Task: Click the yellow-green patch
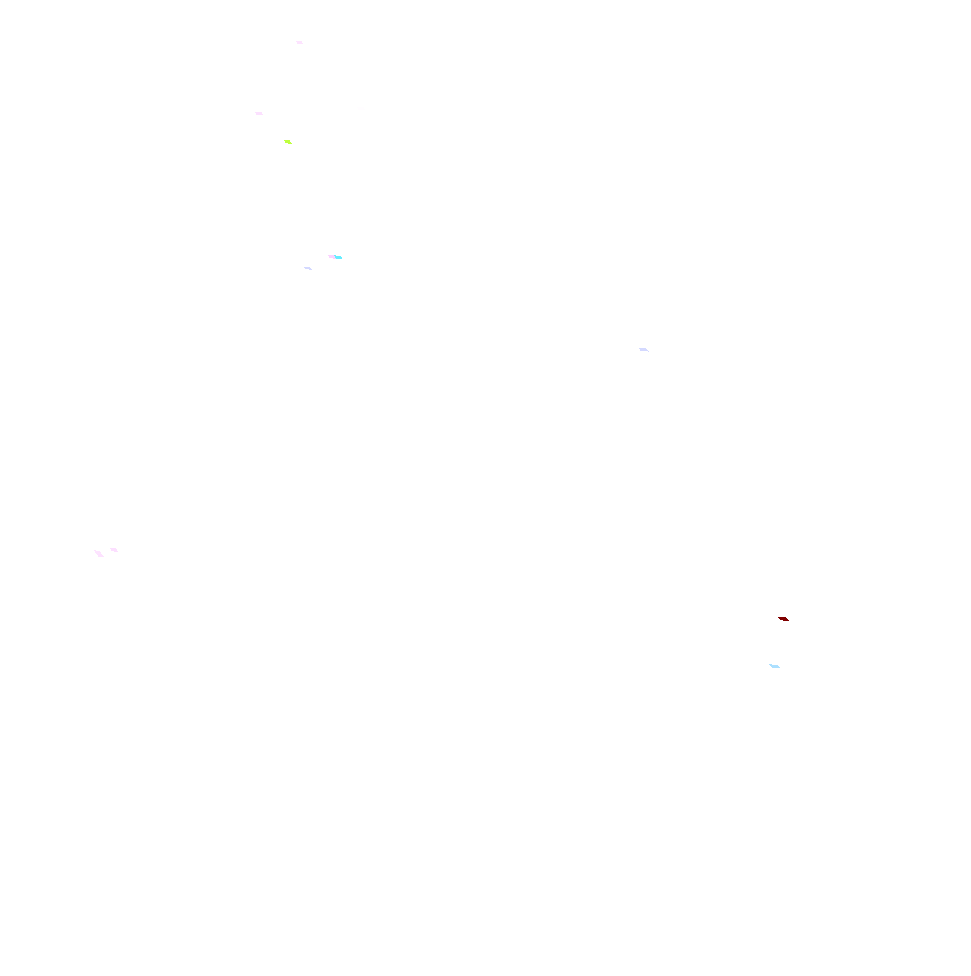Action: [287, 142]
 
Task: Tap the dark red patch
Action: [783, 619]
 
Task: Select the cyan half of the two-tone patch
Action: [338, 257]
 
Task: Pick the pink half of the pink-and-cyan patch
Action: [332, 257]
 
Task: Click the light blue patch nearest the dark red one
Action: [774, 666]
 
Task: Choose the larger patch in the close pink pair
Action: [99, 554]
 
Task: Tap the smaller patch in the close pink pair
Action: [114, 550]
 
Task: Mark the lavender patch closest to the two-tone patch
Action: [308, 268]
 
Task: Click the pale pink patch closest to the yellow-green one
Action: [259, 113]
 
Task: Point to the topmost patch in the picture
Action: [299, 42]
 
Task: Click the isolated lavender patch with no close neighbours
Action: [643, 350]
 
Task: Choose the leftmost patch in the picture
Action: [99, 554]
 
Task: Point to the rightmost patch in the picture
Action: [783, 619]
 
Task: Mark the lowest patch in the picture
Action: [774, 666]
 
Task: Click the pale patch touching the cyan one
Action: [332, 257]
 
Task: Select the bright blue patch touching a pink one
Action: [338, 257]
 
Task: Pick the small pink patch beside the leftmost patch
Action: [114, 550]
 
